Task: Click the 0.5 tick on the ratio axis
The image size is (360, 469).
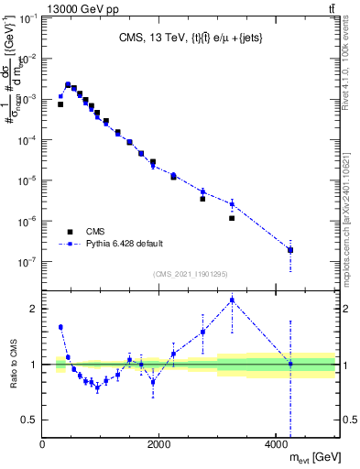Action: pos(31,420)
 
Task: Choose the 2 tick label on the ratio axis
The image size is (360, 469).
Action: pos(35,309)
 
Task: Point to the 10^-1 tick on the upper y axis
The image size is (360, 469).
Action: pos(28,17)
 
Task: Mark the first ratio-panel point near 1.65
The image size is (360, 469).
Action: pos(60,327)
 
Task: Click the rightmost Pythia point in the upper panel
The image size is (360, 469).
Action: pos(290,249)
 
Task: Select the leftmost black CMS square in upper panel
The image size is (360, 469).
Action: pos(60,104)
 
